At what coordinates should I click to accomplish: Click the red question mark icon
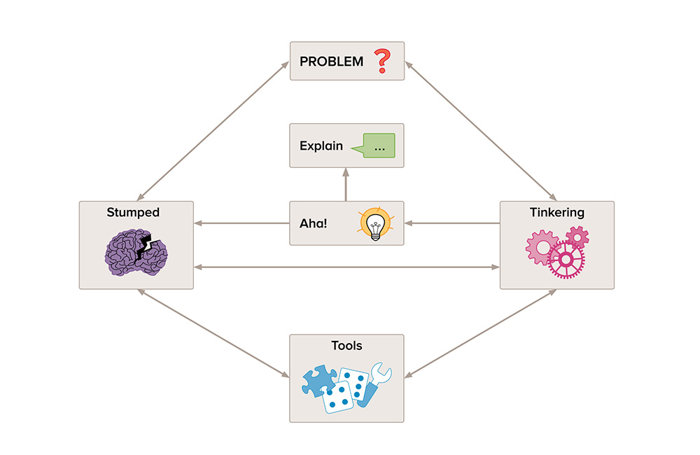point(381,61)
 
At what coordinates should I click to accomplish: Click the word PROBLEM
point(331,62)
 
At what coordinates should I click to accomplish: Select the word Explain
point(321,146)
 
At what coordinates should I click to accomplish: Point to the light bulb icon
point(374,224)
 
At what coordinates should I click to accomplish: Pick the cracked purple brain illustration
point(137,251)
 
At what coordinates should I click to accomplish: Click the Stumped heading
point(133,212)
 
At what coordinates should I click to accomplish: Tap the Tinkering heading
point(557,212)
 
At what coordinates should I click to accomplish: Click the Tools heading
point(346,345)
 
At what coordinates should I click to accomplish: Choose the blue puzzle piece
point(318,381)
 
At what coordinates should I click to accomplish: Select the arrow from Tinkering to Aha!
point(452,224)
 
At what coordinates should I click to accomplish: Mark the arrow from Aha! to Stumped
point(241,224)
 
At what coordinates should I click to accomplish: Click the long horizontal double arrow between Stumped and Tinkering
point(346,267)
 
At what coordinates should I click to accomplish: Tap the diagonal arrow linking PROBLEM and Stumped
point(213,129)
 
